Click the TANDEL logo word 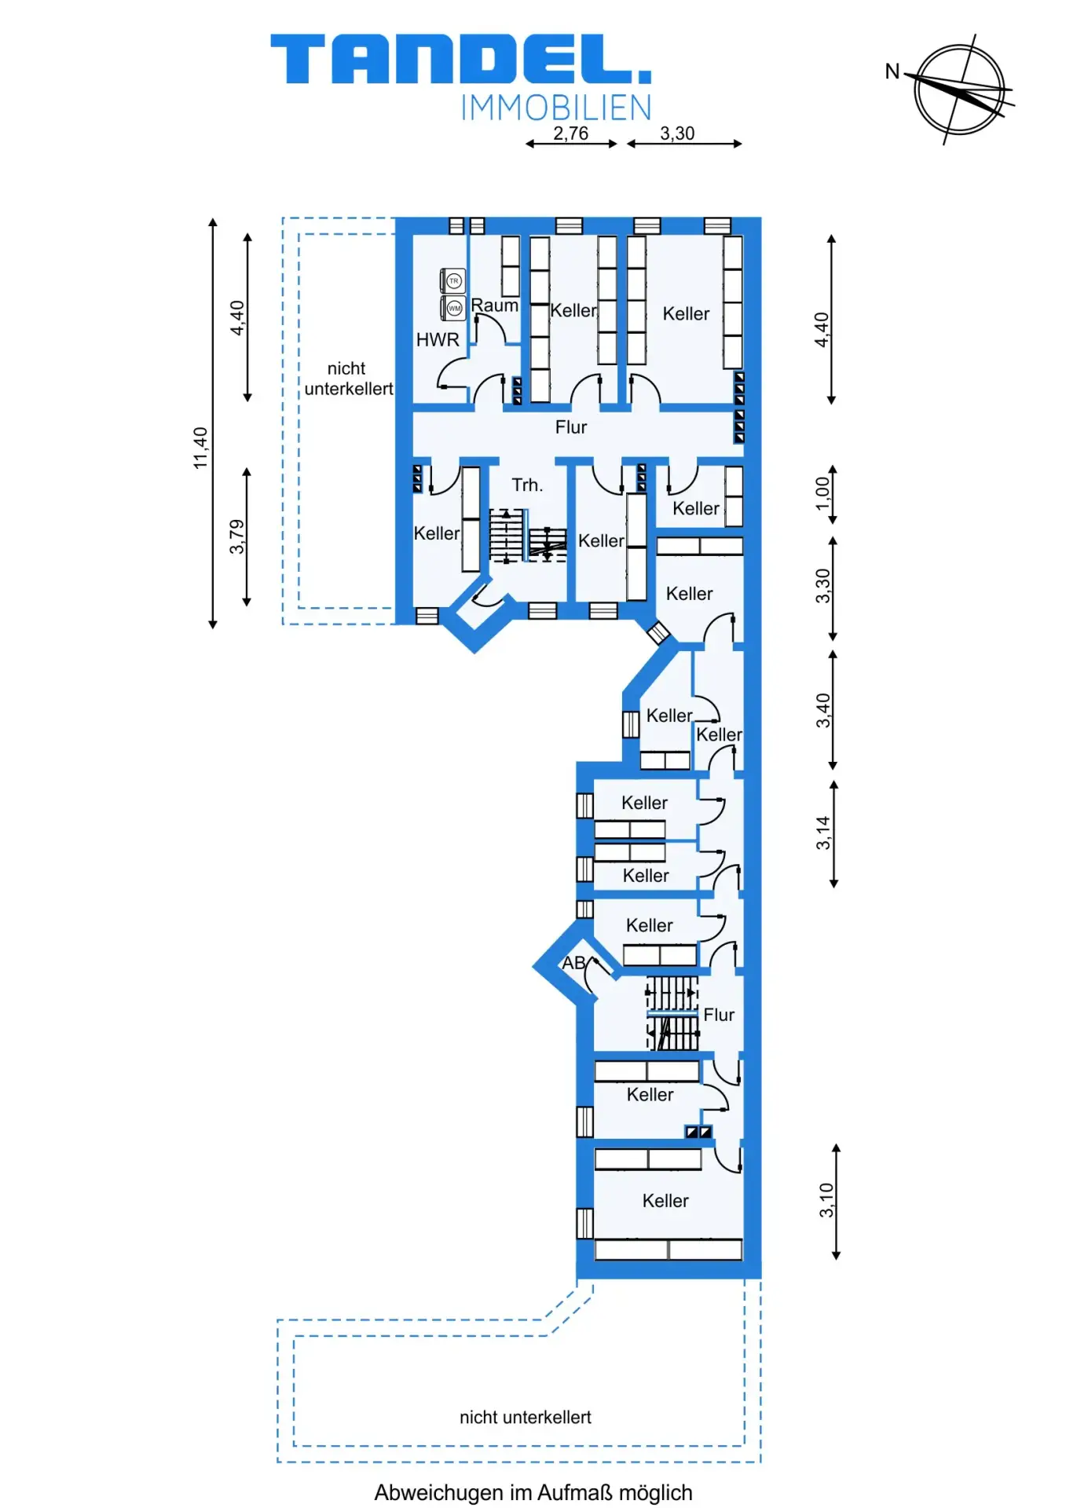(x=461, y=59)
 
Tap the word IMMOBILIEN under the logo (x=556, y=108)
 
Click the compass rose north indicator (x=958, y=90)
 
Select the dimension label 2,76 (x=570, y=134)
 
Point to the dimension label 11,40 (x=201, y=448)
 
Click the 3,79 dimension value (x=236, y=536)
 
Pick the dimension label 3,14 (x=822, y=833)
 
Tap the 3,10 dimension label (x=826, y=1200)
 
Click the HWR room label (x=438, y=340)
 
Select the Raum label (x=495, y=306)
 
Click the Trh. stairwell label (x=527, y=485)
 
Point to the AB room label (x=573, y=963)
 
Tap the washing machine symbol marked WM (x=454, y=308)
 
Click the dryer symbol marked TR (x=454, y=280)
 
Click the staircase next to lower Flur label (x=672, y=1013)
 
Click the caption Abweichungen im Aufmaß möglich (x=533, y=1492)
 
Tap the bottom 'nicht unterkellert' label (x=526, y=1417)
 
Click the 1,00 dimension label (x=822, y=493)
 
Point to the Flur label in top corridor (x=571, y=427)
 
